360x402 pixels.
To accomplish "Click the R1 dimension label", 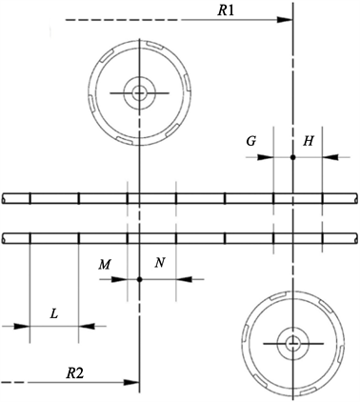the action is pos(226,10).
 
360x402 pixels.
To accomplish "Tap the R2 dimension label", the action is pos(75,373).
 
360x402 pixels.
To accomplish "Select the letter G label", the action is pos(251,141).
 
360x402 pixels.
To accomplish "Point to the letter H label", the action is pos(308,141).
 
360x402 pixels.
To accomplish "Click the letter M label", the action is pos(104,264).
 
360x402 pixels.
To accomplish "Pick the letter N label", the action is pos(160,263).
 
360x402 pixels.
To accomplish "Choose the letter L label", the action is pos(54,314).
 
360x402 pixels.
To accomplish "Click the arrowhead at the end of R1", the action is pos(285,20).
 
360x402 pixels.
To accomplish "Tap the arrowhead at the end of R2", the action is pos(131,382).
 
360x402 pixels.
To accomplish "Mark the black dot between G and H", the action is pos(293,157).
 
